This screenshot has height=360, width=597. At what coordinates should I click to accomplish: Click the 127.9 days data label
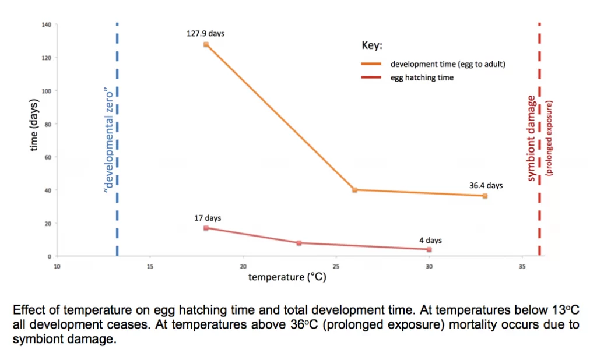[205, 34]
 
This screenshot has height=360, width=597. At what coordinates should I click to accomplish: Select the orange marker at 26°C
[354, 190]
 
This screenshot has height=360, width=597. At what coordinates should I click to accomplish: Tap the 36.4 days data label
[486, 186]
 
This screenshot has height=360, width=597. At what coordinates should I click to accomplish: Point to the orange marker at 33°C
[484, 196]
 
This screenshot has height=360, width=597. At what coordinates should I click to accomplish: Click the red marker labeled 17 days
[206, 228]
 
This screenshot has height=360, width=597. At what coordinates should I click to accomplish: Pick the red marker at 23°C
[299, 243]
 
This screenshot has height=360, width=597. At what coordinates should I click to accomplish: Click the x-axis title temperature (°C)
[287, 277]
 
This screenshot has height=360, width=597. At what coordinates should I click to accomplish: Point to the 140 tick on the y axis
[47, 24]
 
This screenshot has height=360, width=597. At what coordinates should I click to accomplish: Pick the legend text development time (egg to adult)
[448, 64]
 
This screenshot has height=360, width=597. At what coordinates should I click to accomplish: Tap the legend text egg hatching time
[422, 77]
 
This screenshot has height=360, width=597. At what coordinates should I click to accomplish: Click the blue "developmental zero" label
[107, 140]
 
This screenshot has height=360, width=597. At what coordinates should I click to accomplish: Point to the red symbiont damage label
[532, 140]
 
